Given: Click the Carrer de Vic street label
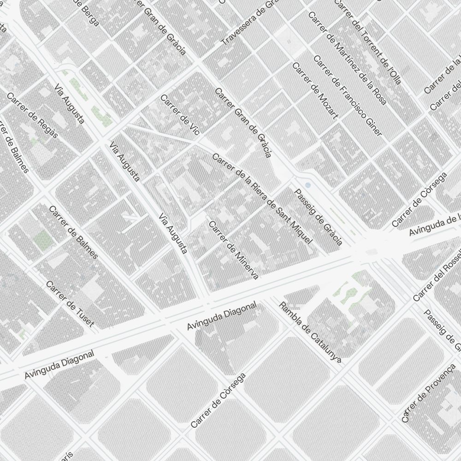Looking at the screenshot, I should (179, 115).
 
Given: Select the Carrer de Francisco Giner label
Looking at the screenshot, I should (347, 96).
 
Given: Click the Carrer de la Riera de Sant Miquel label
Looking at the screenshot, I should (262, 199).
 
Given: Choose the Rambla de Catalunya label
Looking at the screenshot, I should (310, 332).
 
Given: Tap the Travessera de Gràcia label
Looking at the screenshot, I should (249, 23).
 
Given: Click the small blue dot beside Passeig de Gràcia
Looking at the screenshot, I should (308, 185).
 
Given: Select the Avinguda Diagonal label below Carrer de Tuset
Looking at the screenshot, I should (59, 365).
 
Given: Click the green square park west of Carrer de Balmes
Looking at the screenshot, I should (43, 238).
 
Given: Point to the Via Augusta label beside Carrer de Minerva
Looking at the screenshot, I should (173, 234).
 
